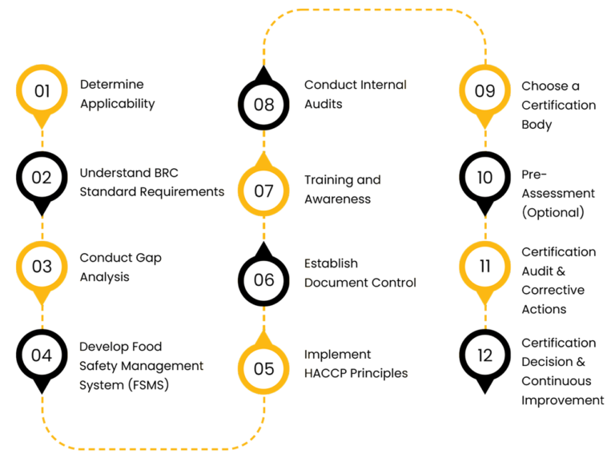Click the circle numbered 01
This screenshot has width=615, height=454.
(x=42, y=90)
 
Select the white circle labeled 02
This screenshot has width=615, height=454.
(x=42, y=178)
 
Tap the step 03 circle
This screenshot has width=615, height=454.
(x=42, y=266)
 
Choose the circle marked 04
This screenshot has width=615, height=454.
(x=42, y=355)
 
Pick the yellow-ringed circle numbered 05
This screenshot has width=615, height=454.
(x=263, y=369)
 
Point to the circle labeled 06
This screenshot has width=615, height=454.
(x=263, y=280)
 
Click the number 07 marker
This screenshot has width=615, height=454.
(x=263, y=191)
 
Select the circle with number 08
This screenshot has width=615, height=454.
(x=263, y=104)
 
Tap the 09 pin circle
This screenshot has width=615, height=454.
(x=484, y=90)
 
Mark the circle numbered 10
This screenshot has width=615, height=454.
(x=484, y=178)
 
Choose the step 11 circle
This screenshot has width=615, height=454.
(x=484, y=266)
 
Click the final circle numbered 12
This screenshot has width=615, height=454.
(x=484, y=355)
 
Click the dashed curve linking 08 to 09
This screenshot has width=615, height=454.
(x=374, y=10)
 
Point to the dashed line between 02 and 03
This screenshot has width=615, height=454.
(x=42, y=222)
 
